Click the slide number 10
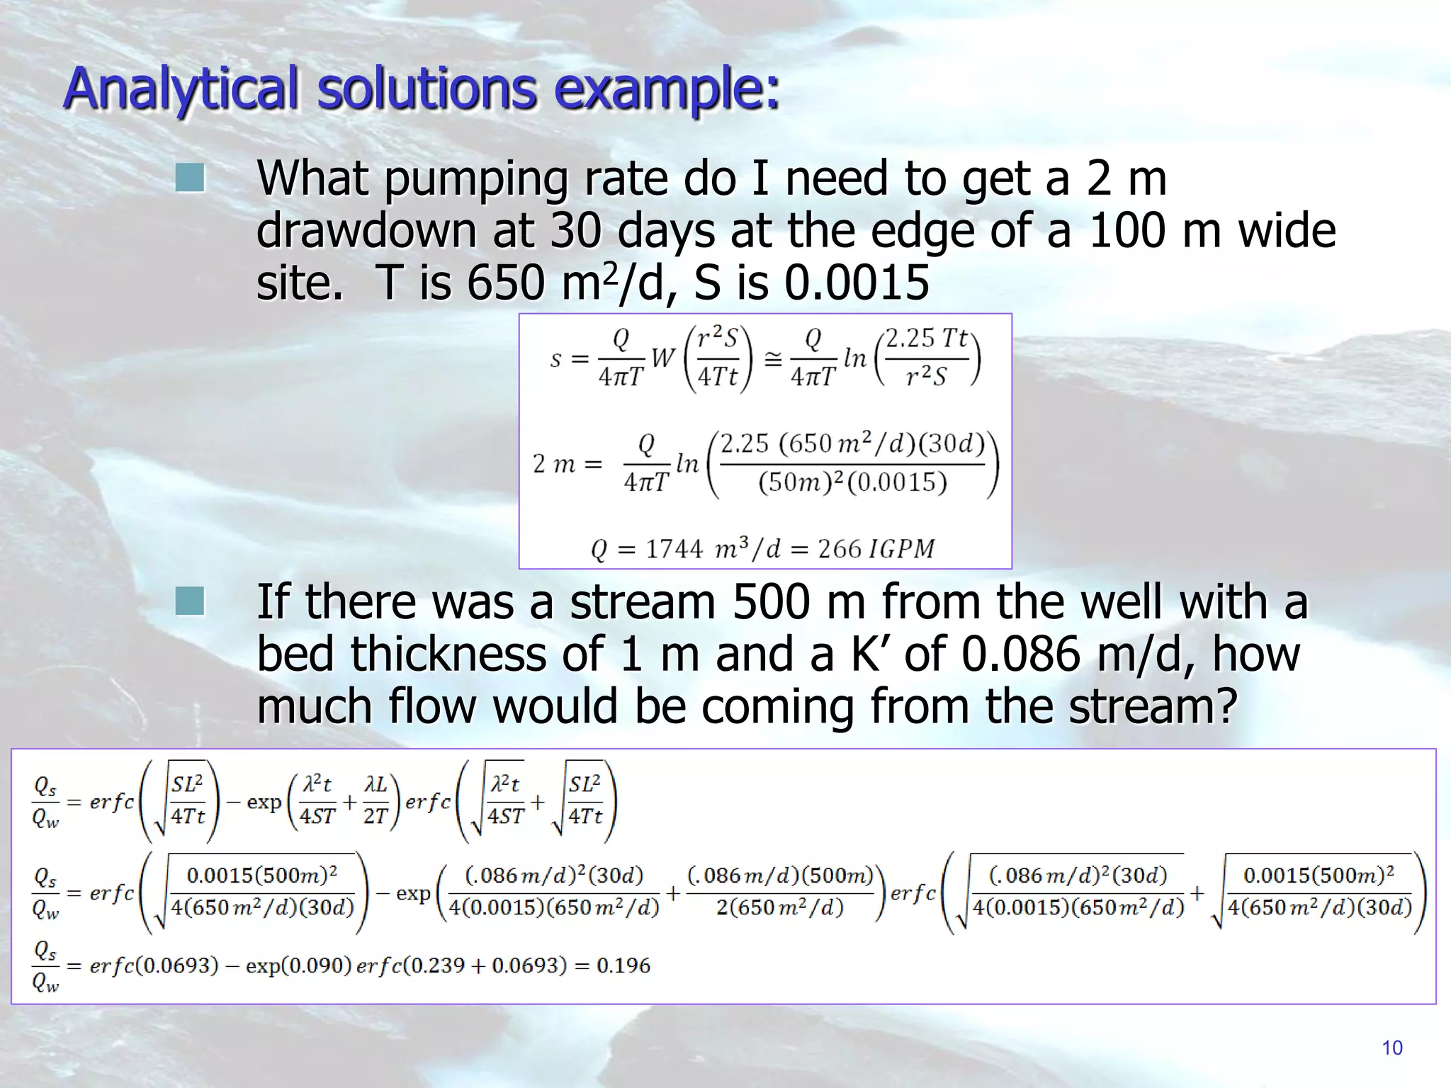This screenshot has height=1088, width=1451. (1391, 1048)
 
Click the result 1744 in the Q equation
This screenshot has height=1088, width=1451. (674, 549)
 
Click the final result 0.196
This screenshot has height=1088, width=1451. (623, 965)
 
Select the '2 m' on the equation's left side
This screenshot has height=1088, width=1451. (553, 464)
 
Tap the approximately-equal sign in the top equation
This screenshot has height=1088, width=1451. (772, 358)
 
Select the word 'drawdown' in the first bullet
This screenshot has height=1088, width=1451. (366, 231)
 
